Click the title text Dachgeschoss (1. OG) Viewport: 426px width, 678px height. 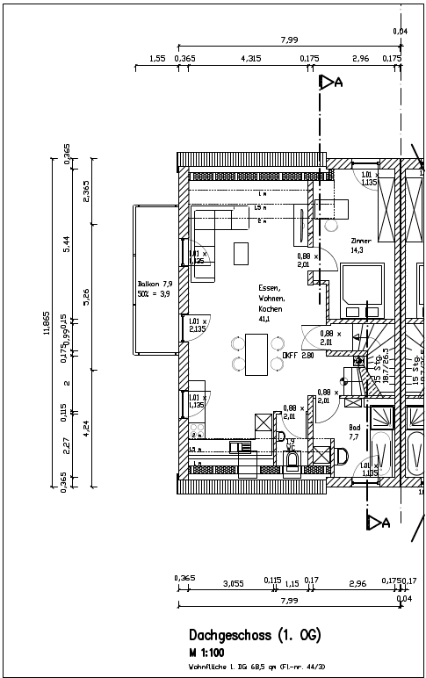254,635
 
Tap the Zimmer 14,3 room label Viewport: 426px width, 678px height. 360,245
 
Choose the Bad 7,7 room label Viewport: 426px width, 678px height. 354,431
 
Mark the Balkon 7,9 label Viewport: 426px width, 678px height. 155,290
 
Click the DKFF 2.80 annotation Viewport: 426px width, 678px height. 298,356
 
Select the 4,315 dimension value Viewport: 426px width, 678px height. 250,58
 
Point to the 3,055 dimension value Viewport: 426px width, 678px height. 233,582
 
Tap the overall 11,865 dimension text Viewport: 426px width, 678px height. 46,322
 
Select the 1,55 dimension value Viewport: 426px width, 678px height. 157,58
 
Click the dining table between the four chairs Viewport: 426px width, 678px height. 254,354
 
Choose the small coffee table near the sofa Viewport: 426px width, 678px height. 241,253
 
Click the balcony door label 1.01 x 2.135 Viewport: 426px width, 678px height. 196,326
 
